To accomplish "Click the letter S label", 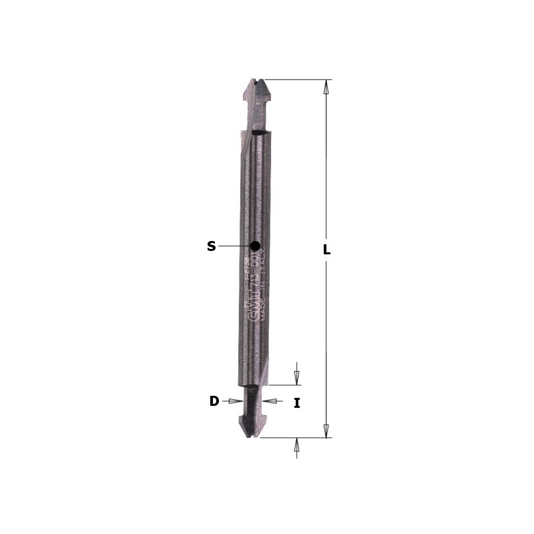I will (x=211, y=246).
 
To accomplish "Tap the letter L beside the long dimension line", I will (x=326, y=250).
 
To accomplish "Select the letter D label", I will (x=214, y=401).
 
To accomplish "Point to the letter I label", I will (x=297, y=402).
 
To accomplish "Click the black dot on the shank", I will (x=255, y=246).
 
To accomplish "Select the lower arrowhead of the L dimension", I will (x=326, y=431).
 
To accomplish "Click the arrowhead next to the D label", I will (x=234, y=401).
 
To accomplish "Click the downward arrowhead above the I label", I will (x=297, y=378).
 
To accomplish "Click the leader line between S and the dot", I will (x=234, y=246).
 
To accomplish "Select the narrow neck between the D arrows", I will (x=252, y=401).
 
